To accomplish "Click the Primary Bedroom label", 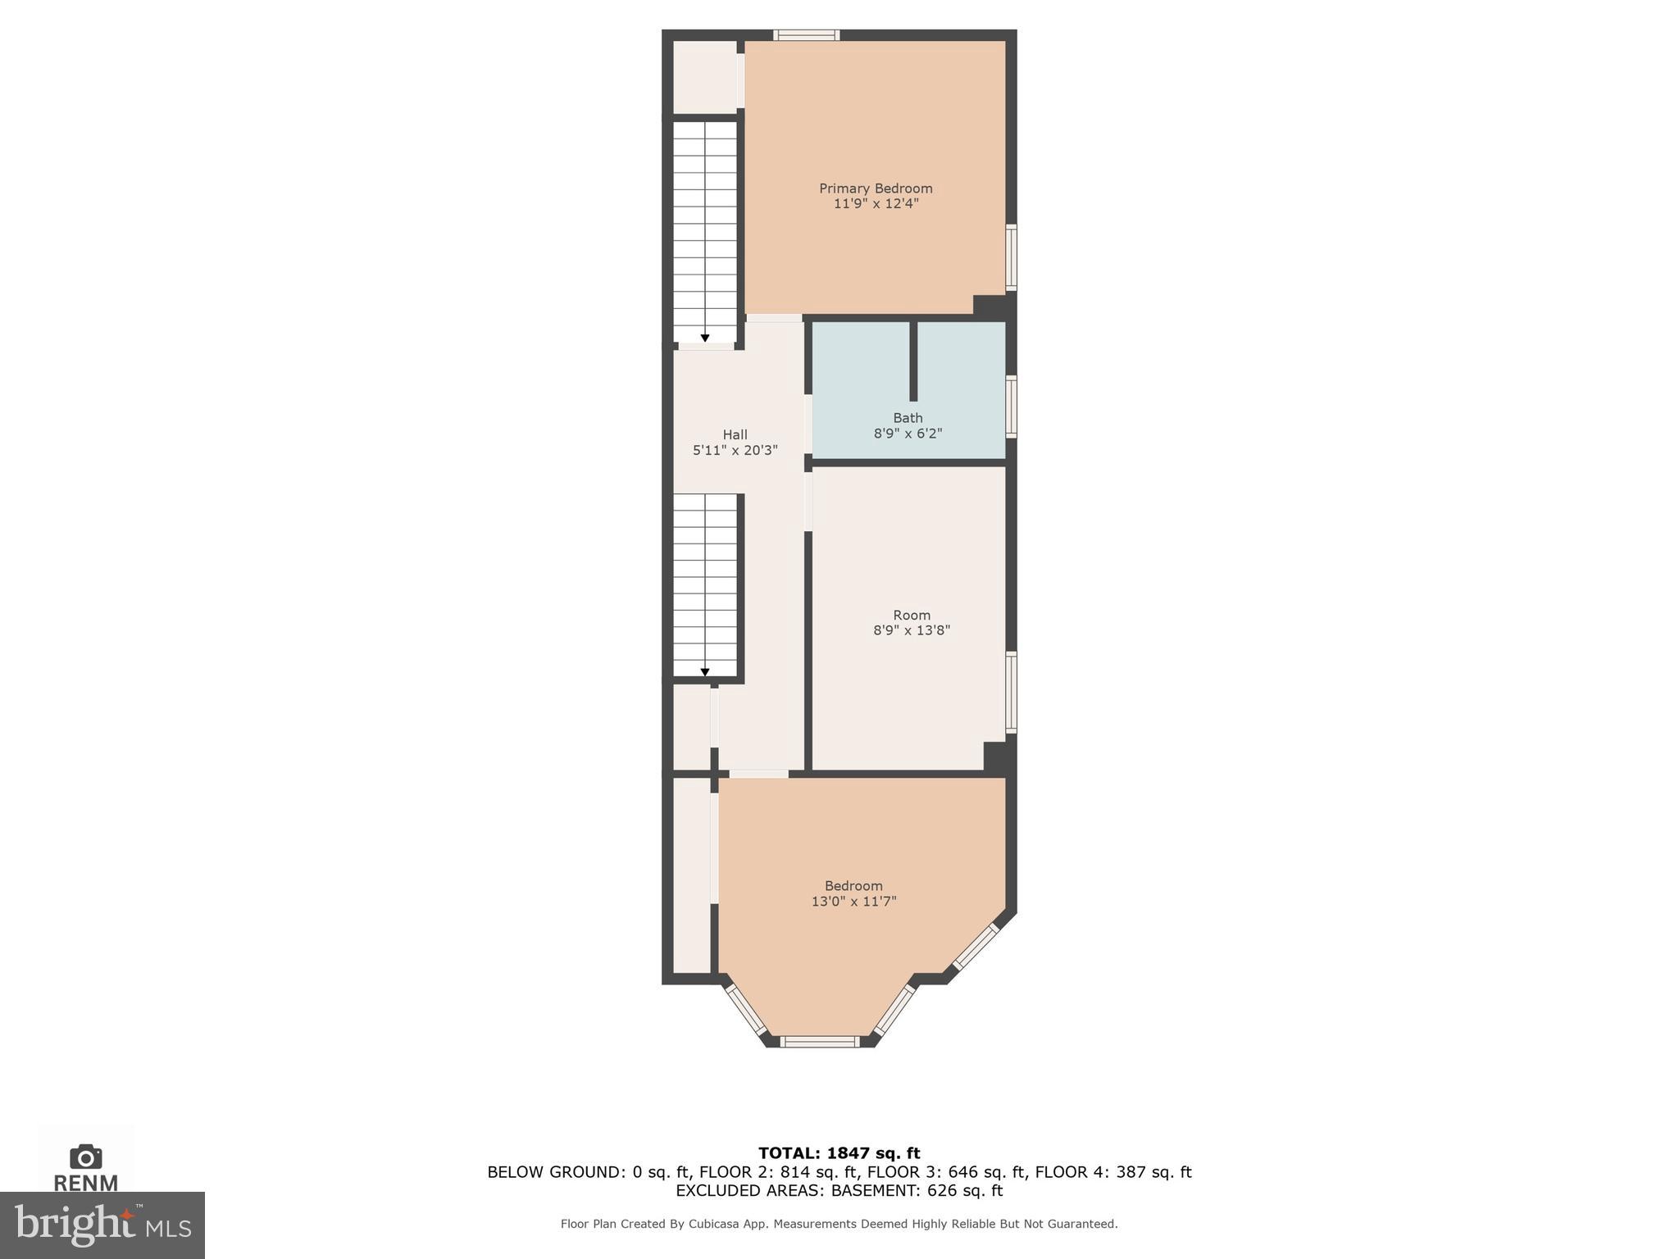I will coord(876,189).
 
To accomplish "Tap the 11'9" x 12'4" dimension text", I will coord(876,204).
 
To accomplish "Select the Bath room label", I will coord(908,418).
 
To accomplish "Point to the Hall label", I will coord(735,434).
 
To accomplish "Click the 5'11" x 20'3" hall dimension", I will coord(735,450).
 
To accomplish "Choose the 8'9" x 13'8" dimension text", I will coord(911,630).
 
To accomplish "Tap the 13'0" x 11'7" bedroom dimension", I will coord(853,902).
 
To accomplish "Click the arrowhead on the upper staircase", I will coord(705,338).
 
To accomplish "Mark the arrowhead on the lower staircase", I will coord(705,672).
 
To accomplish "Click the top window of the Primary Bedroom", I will coord(807,35).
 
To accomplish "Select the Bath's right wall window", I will coord(1012,407).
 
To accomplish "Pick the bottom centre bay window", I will coord(819,1042).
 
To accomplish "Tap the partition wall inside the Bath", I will coord(913,361).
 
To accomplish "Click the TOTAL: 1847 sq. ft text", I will coord(839,1153).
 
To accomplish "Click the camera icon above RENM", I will coord(85,1157).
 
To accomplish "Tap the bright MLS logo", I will coord(102,1225).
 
